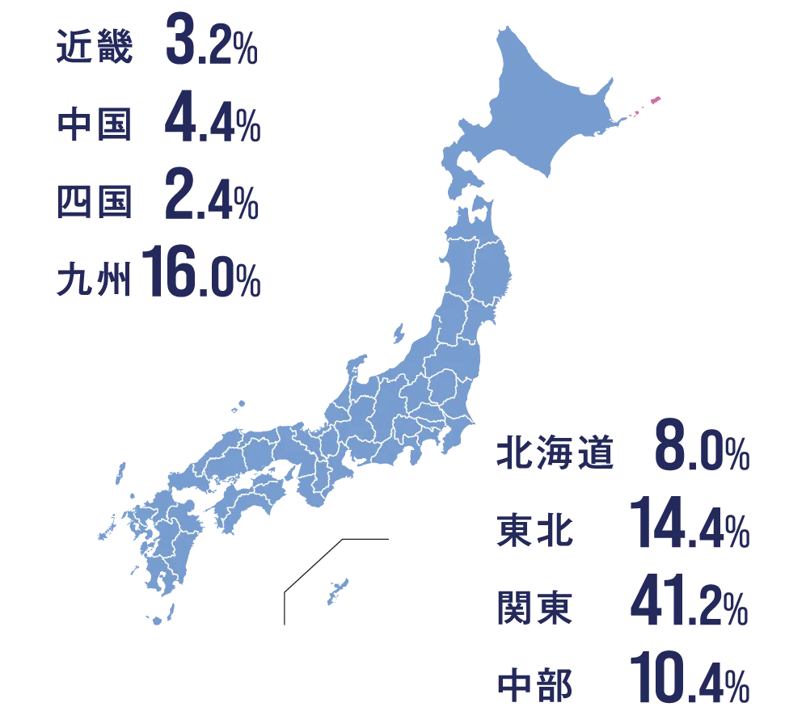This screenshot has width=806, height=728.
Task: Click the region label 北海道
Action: coord(554,456)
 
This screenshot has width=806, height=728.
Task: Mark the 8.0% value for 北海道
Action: coord(700,454)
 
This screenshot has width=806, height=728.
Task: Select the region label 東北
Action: coord(533,532)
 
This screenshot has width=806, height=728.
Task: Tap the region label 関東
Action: coord(533,608)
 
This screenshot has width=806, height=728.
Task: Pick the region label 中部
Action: coord(533,685)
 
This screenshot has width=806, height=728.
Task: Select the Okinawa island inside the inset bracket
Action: coord(335,592)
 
